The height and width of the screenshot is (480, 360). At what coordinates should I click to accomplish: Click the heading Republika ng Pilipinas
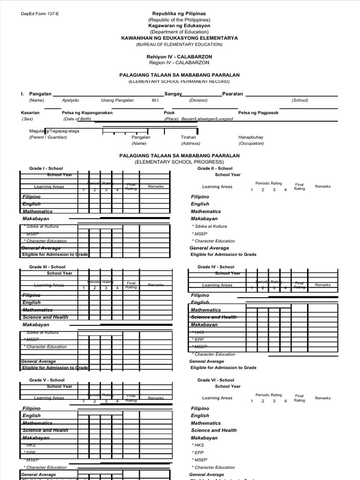click(179, 14)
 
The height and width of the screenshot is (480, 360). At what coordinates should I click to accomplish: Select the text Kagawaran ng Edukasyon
click(179, 26)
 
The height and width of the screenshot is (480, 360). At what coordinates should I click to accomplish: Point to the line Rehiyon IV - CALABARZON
click(179, 56)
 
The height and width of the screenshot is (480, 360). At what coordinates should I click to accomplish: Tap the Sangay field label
click(172, 94)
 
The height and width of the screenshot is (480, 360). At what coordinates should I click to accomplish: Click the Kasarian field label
click(30, 112)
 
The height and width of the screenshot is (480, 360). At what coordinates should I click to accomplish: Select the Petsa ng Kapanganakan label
click(87, 112)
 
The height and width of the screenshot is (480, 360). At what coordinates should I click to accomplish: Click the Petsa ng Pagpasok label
click(258, 112)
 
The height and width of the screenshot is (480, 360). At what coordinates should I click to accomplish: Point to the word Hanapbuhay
click(251, 137)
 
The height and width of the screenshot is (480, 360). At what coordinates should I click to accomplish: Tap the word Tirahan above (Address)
click(188, 137)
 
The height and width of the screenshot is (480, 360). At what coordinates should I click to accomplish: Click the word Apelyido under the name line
click(71, 100)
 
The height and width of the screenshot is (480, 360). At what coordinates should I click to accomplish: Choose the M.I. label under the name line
click(156, 100)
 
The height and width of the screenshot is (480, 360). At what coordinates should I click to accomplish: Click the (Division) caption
click(198, 100)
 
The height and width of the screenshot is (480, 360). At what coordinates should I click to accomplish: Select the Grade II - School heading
click(215, 168)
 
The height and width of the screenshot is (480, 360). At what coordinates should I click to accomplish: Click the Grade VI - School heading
click(216, 380)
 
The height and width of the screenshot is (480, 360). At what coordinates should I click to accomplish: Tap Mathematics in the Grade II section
click(206, 211)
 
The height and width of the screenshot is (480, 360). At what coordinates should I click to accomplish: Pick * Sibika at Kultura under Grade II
click(209, 226)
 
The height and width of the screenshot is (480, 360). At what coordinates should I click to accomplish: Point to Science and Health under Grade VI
click(214, 430)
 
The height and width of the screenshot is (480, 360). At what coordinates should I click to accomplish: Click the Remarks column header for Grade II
click(322, 186)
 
